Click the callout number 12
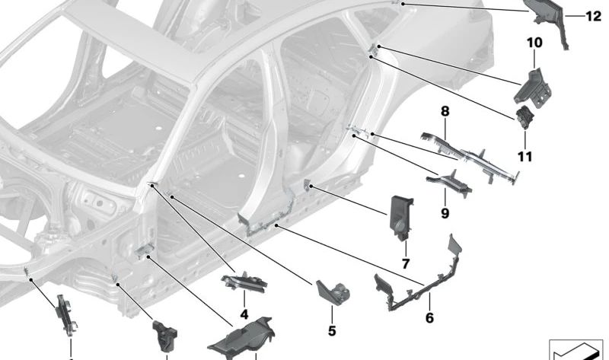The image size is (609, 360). coord(593,16)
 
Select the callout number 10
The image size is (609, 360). coord(534,43)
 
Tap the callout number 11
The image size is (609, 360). coord(525,157)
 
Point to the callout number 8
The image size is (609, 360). coord(445,111)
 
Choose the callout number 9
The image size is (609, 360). coord(445,213)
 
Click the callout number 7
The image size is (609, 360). coord(406,264)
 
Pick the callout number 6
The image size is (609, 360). coord(429,317)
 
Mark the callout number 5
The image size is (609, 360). coord(332,331)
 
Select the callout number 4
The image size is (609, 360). coord(244,314)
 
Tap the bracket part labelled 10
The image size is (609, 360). coord(533,88)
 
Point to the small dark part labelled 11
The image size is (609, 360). coord(525,117)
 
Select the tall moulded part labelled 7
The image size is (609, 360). coord(401,218)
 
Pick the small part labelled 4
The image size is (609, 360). coord(244,282)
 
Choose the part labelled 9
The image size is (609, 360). coord(449,182)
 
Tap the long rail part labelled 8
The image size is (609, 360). coord(470,155)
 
